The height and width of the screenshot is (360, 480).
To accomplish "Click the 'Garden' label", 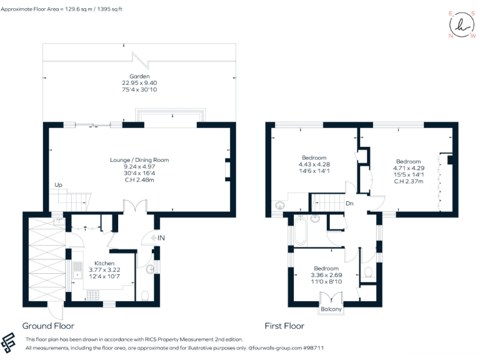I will point(139,76).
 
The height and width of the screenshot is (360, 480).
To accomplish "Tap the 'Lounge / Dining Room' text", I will point(139,160).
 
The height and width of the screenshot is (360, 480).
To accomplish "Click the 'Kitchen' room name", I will point(104,263).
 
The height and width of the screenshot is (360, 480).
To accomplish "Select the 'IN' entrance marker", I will point(161,237).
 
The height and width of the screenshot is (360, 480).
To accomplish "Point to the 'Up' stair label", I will point(59,185).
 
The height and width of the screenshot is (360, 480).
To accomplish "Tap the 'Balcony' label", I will point(331,309).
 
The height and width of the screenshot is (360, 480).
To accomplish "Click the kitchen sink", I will point(77,270).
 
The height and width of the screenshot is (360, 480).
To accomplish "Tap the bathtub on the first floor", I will point(299,232).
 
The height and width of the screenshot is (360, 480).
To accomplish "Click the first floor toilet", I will point(368,272).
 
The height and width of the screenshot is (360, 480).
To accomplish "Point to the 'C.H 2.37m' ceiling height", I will point(408,182).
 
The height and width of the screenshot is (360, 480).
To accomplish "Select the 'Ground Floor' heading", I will point(48,326).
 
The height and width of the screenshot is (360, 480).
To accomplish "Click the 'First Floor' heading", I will point(284,326).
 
